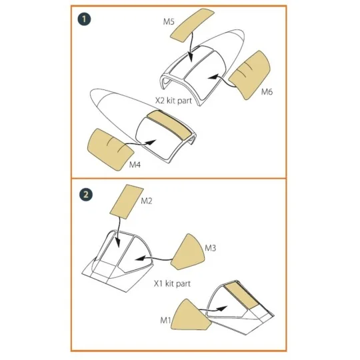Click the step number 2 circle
coord(85,195)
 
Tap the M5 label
coord(169,23)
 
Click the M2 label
coord(148,201)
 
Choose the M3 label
coord(211,247)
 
